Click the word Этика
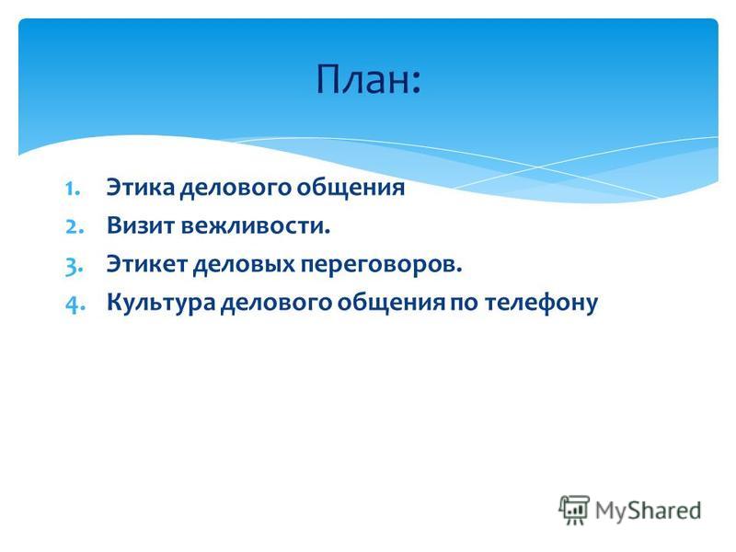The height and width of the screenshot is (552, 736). click(141, 188)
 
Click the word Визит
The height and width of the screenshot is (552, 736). click(141, 225)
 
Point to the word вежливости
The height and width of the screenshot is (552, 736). click(256, 225)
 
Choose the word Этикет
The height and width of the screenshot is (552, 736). click(147, 264)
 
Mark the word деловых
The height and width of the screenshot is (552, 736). click(244, 266)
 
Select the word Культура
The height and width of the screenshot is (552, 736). click(161, 304)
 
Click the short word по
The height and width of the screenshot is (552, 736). click(466, 304)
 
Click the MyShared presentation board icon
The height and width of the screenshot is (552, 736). click(574, 510)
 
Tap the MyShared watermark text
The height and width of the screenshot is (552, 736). click(648, 511)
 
